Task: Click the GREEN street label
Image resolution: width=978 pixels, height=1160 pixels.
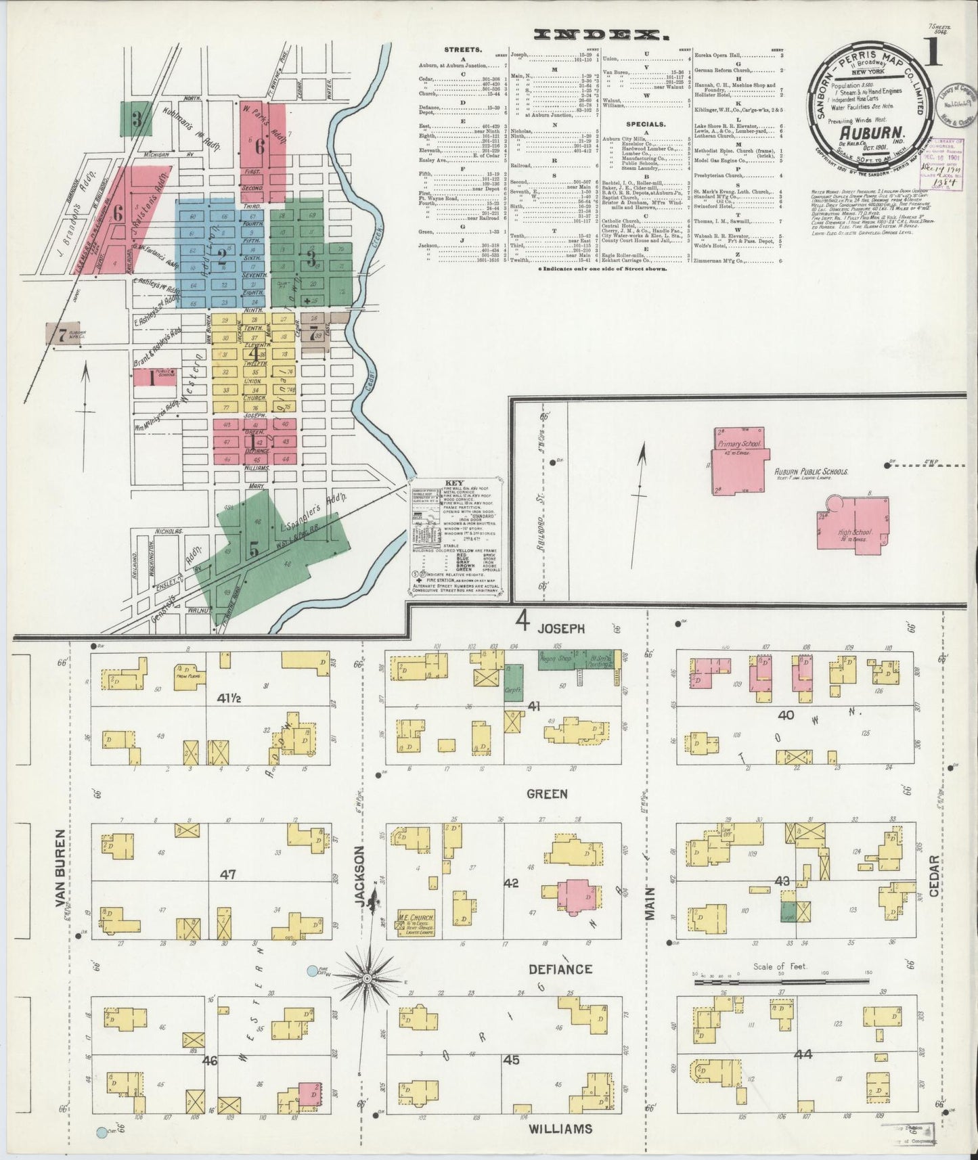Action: [547, 793]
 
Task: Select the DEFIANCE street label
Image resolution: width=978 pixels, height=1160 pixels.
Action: [560, 968]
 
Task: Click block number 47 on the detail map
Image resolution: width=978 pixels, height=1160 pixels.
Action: [227, 875]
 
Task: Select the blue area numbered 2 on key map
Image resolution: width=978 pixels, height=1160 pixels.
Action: [221, 256]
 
